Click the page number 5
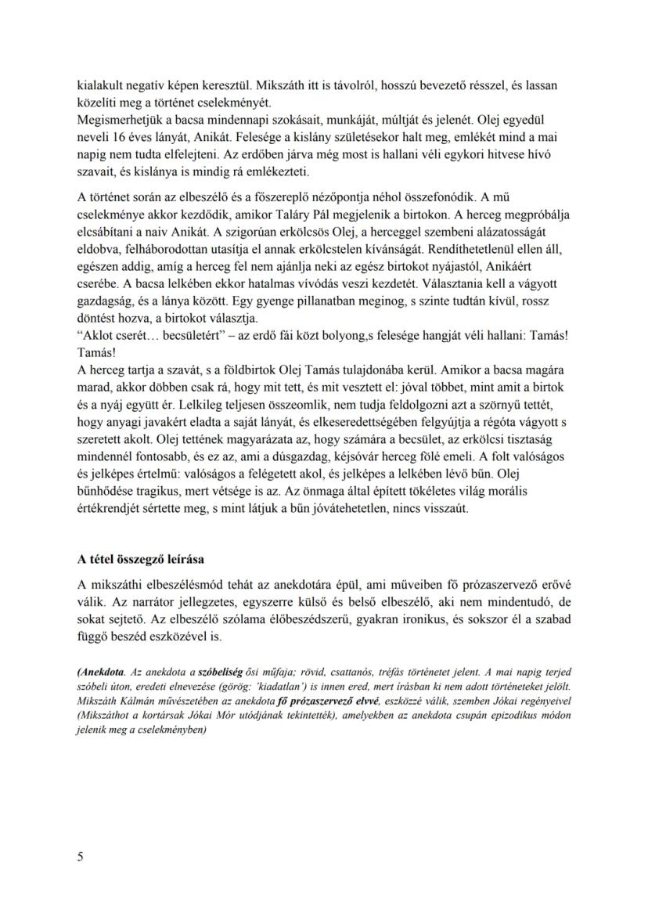click(x=81, y=856)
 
